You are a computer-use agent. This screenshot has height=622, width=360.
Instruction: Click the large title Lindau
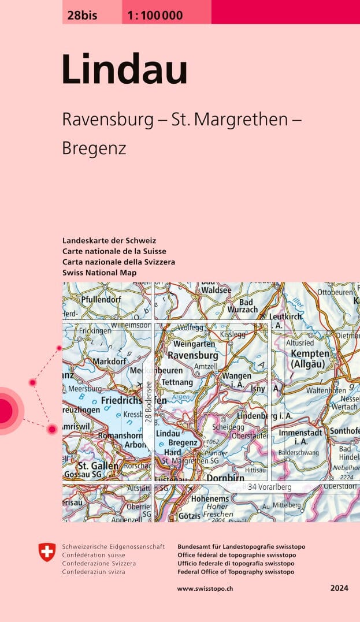coord(125,70)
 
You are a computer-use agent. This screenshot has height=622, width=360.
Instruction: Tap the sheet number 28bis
coord(81,16)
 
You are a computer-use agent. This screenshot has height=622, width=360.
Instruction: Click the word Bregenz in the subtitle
coord(94,148)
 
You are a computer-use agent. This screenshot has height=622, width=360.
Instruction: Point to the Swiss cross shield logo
coord(47,552)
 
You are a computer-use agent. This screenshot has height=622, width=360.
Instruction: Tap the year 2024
coord(339,589)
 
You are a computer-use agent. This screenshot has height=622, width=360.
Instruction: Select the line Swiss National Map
coord(99,272)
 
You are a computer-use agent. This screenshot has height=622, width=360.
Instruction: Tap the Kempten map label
coord(310,353)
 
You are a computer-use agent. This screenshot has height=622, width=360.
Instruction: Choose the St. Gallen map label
coord(98,465)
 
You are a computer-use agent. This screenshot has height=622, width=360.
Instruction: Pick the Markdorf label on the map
coord(109,362)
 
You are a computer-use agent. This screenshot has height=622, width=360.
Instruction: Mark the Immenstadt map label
coord(302,432)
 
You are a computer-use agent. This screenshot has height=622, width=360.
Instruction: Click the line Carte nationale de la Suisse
coord(114,251)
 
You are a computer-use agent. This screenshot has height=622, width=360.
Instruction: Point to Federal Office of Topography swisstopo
coord(236,572)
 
